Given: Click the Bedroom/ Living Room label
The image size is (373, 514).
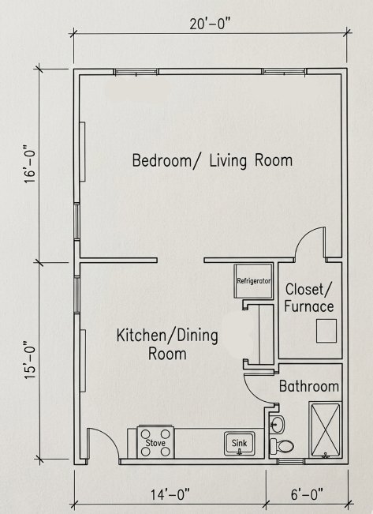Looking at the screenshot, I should pyautogui.click(x=211, y=160).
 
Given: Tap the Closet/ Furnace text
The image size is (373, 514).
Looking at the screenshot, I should pyautogui.click(x=309, y=297).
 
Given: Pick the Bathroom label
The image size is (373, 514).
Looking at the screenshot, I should pyautogui.click(x=308, y=387).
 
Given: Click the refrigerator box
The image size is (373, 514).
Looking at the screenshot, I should pyautogui.click(x=254, y=281).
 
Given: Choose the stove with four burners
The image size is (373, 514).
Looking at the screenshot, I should pyautogui.click(x=155, y=441).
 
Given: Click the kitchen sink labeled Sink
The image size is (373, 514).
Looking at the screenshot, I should pyautogui.click(x=238, y=444).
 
